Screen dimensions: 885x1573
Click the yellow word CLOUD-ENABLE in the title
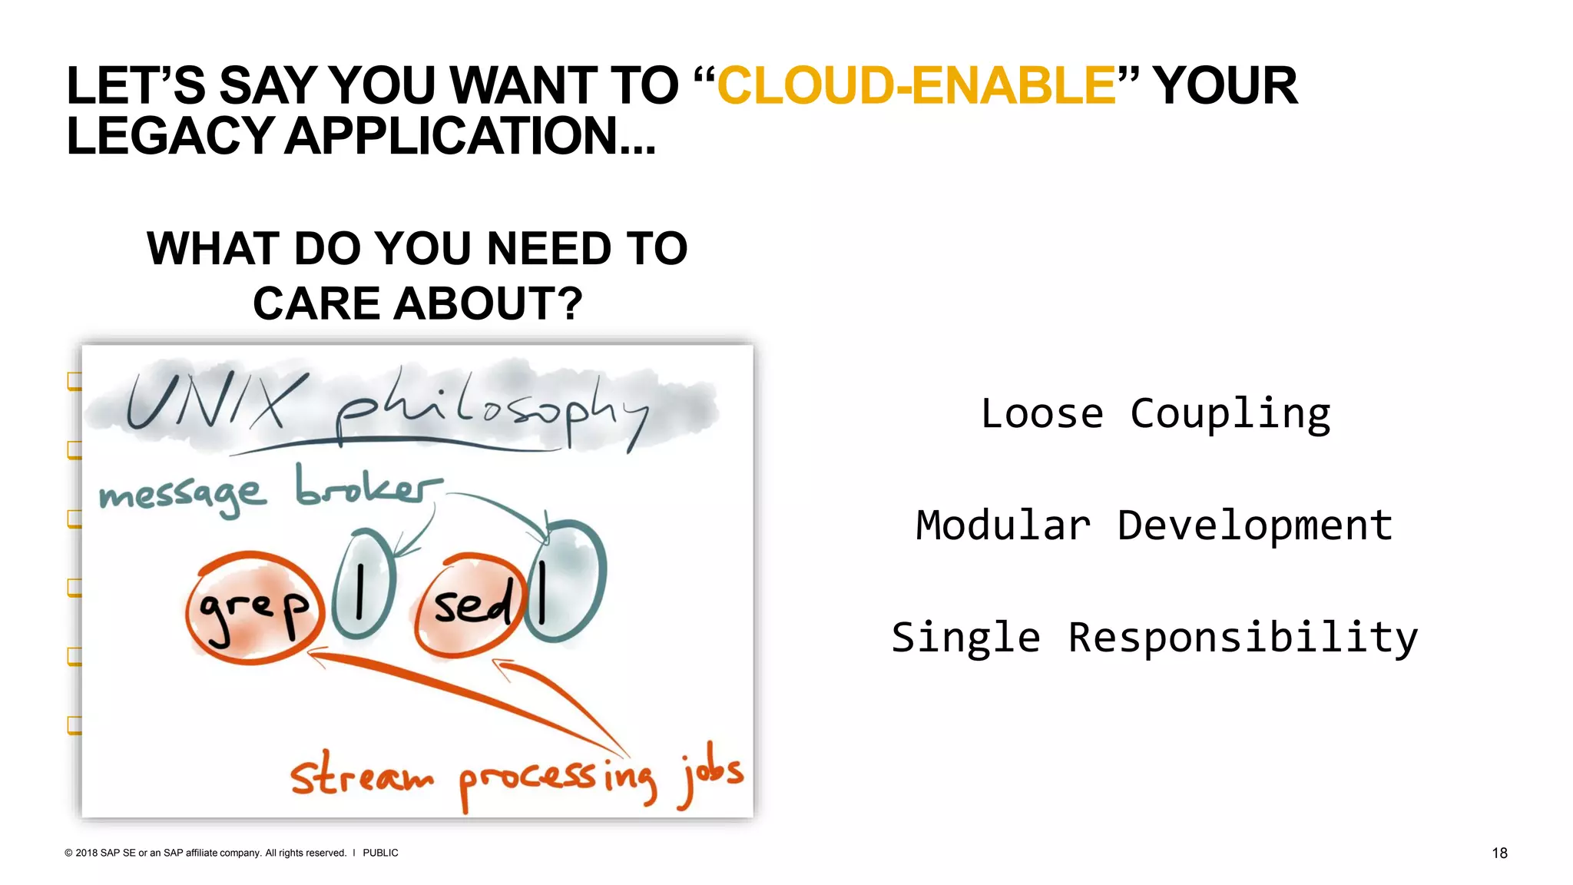pos(916,85)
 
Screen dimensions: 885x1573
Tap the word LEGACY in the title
pos(171,136)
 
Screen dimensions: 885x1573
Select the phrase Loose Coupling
pos(1155,414)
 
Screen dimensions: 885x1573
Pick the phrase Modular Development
pos(1154,526)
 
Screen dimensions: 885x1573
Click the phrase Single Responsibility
pos(1154,638)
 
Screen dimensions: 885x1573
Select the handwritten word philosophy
pos(492,411)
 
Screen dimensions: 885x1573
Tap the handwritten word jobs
pos(711,773)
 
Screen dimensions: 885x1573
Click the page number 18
pos(1499,853)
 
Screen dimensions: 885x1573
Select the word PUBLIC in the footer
pos(380,853)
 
